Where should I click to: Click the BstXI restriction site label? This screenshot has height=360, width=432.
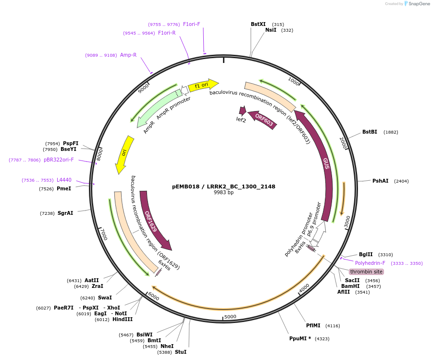tap(258, 24)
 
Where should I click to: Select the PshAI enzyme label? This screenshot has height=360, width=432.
tap(380, 181)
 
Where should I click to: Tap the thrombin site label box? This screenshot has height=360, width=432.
tap(366, 272)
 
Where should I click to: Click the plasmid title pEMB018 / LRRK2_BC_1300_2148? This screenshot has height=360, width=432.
tap(223, 186)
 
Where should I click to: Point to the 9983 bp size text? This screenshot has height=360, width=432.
tap(223, 193)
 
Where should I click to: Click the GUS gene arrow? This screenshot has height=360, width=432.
tap(323, 159)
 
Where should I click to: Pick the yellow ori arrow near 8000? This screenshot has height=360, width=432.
tap(124, 154)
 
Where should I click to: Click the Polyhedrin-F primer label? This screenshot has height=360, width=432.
tap(370, 263)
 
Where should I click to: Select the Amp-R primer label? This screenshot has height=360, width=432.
tap(128, 55)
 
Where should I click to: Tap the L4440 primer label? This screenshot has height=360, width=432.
tap(64, 180)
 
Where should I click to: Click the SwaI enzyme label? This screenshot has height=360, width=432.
tap(105, 298)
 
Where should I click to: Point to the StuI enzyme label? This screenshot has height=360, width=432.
tap(181, 352)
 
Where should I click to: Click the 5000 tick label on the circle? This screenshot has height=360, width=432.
tap(230, 317)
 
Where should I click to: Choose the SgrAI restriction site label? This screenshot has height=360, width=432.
tap(65, 213)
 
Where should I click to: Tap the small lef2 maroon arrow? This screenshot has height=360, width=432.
tap(242, 112)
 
